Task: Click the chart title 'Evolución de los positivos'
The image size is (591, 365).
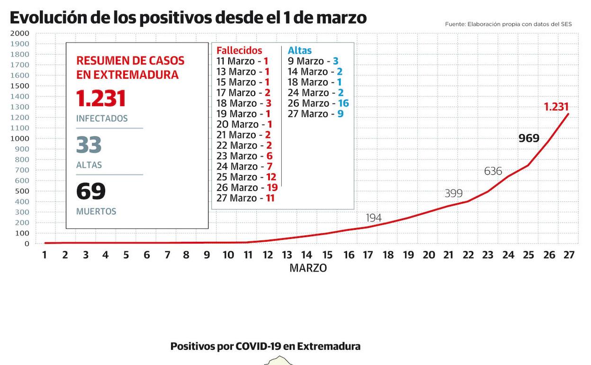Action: coord(188,18)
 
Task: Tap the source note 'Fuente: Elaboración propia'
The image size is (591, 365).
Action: coord(508,24)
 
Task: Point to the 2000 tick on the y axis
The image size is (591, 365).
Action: coord(19,33)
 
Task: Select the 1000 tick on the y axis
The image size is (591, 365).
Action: coord(19,138)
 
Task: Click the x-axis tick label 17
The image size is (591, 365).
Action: coord(368,255)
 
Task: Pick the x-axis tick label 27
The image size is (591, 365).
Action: coord(569,255)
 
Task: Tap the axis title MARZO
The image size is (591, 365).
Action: coord(308,268)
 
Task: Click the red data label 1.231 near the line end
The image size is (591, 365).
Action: coord(556,107)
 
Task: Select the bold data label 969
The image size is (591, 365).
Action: coord(529,138)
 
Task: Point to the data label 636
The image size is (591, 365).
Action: coord(493,171)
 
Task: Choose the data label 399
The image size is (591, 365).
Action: coord(454,193)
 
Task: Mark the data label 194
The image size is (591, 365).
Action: coord(374,218)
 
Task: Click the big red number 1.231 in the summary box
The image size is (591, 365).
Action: coord(101,99)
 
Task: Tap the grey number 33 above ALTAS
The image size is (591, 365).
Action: coord(89,145)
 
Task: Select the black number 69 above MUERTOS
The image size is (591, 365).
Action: coord(91,191)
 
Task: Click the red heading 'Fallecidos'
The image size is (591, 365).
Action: coord(239,50)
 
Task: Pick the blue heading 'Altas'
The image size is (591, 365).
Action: coord(300,50)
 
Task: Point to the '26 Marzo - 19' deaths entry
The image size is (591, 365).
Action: coord(247,187)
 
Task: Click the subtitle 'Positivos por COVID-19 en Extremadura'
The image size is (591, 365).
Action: coord(265,347)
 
